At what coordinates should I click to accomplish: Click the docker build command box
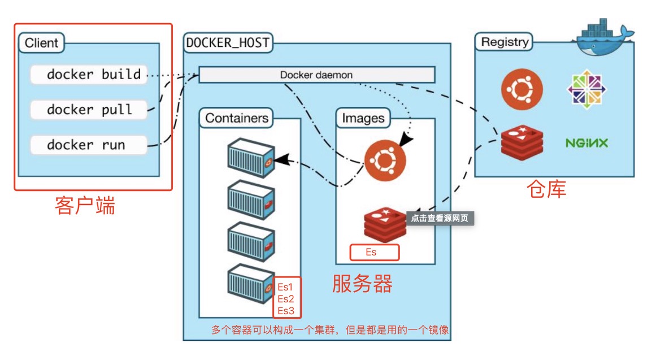coord(89,75)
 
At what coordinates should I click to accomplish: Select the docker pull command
coord(89,110)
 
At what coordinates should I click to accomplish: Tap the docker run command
coord(89,145)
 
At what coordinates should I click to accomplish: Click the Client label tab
coord(42,43)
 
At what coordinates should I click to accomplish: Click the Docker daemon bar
coord(316,75)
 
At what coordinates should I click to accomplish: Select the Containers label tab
coord(236,118)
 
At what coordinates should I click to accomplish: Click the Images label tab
coord(363,118)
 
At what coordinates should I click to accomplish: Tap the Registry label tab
coord(505,42)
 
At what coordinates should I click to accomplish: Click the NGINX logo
coord(586,143)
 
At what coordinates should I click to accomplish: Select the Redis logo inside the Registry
coord(522,143)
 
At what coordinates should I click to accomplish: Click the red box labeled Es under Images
coord(374,252)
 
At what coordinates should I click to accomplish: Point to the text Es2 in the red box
coord(286,299)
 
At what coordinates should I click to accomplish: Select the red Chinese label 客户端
coord(85,205)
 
